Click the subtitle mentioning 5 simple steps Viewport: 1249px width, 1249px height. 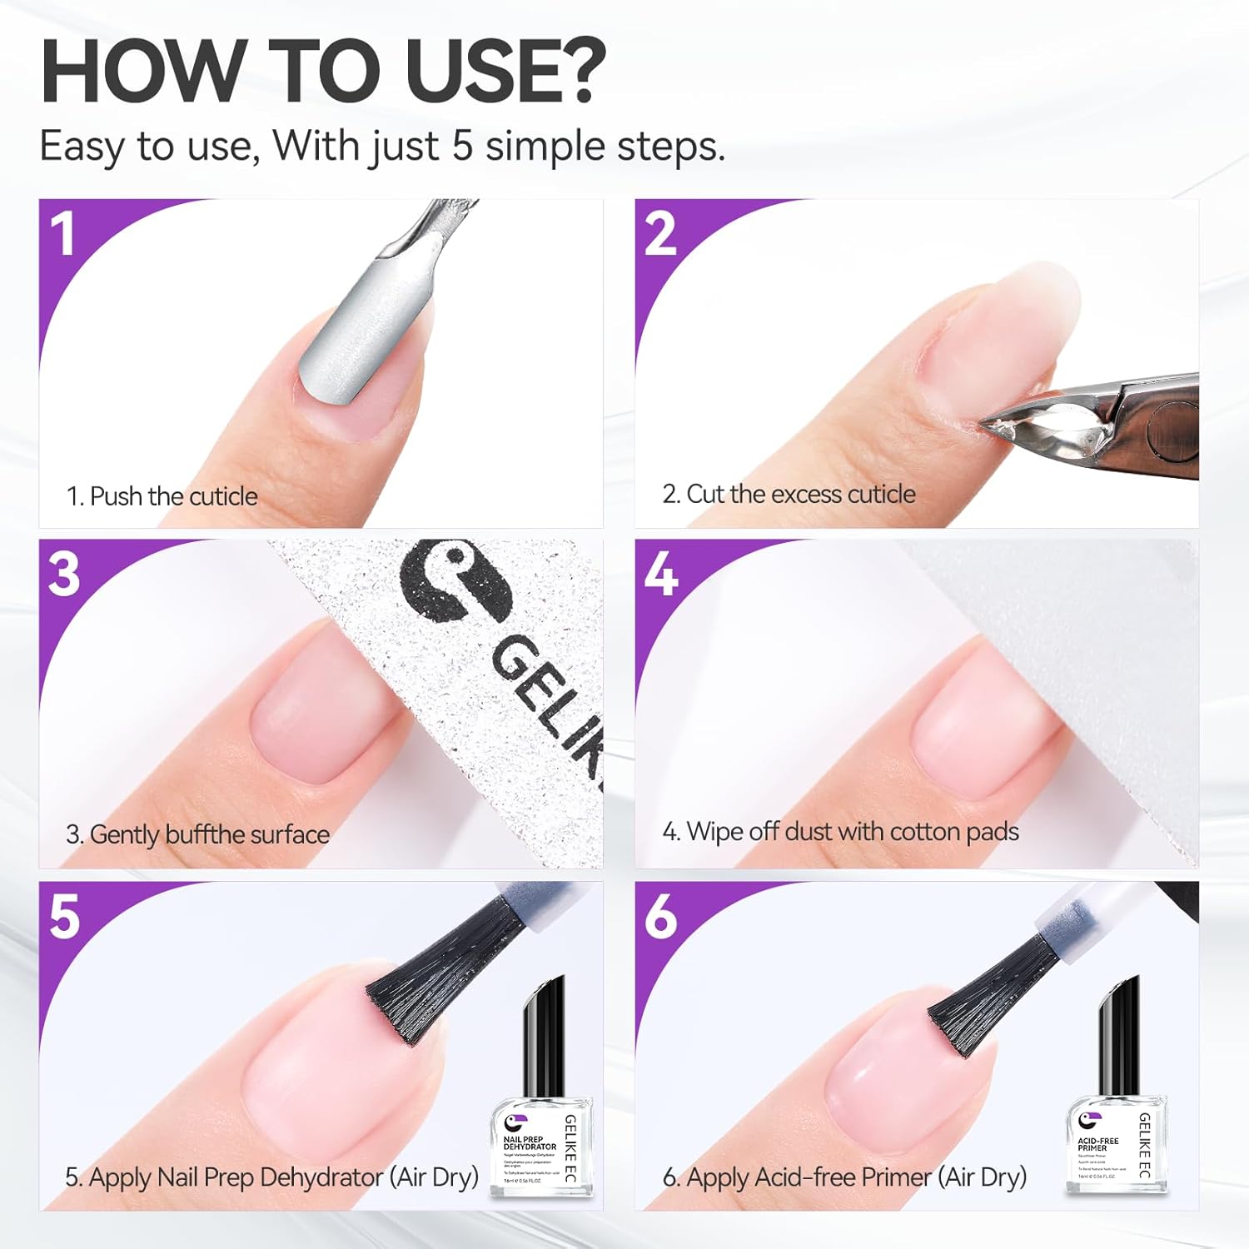tap(382, 147)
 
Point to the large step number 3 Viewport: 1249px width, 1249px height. tap(65, 574)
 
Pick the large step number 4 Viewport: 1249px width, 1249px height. tap(661, 574)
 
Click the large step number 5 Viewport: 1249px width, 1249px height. tap(65, 916)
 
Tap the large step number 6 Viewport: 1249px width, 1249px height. tap(661, 916)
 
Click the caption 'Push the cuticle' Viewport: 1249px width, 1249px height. tap(162, 496)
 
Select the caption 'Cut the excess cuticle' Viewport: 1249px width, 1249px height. tap(789, 495)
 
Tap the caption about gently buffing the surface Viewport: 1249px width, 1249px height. tap(197, 834)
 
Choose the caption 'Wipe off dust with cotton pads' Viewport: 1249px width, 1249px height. tap(840, 832)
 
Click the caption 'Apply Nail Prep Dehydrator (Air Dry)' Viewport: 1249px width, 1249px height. tap(271, 1177)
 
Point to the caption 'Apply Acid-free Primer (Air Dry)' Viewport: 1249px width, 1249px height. tap(844, 1177)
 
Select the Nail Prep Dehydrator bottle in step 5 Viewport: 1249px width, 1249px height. tap(542, 1107)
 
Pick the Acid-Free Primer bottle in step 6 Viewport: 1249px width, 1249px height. tap(1116, 1107)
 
